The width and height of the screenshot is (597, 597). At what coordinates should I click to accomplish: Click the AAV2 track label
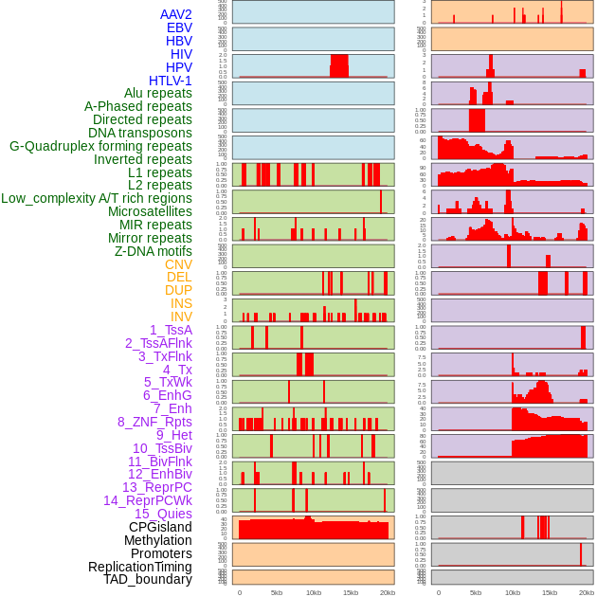click(x=175, y=14)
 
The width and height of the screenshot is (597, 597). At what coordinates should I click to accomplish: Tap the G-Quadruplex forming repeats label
click(x=100, y=146)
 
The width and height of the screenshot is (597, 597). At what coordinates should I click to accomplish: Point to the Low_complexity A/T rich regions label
click(x=97, y=198)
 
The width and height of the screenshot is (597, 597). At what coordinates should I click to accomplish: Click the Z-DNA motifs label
click(x=153, y=251)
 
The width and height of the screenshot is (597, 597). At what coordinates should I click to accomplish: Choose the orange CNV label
click(x=178, y=264)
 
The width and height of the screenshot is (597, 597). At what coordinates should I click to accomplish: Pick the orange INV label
click(x=181, y=317)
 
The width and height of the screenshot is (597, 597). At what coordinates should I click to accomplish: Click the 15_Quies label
click(x=162, y=514)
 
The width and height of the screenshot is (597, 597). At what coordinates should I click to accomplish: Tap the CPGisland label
click(x=160, y=527)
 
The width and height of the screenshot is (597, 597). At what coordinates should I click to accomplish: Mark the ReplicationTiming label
click(x=140, y=567)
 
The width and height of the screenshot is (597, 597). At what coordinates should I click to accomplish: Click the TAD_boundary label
click(x=148, y=579)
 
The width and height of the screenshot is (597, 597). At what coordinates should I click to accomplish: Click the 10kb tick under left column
click(x=313, y=593)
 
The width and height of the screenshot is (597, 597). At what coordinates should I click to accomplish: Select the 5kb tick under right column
click(x=475, y=593)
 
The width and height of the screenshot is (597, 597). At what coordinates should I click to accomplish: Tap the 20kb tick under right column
click(x=586, y=593)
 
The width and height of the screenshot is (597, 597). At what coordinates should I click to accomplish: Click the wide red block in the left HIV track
click(x=339, y=65)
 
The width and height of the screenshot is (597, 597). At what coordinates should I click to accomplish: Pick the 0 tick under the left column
click(x=239, y=593)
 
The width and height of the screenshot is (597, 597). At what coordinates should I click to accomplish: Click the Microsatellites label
click(x=150, y=211)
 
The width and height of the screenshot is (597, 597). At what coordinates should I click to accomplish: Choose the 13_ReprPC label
click(x=156, y=487)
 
